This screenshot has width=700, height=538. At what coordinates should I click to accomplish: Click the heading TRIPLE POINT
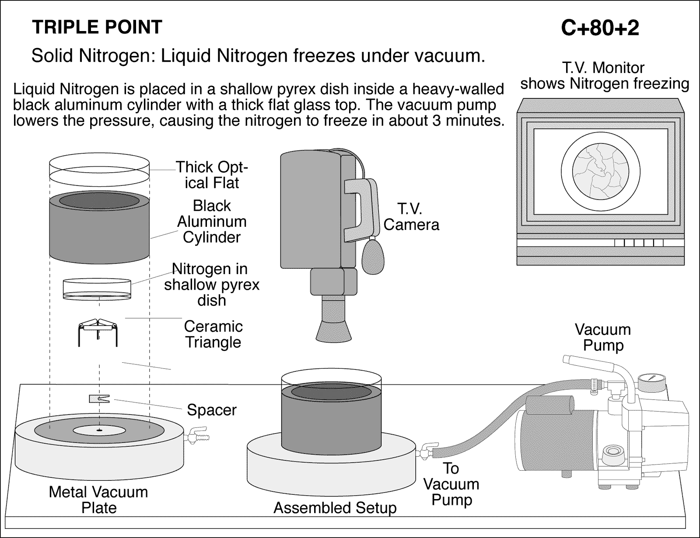(x=97, y=27)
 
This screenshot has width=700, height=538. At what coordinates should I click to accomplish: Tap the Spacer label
(x=211, y=410)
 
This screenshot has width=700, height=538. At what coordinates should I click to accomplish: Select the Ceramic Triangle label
(x=213, y=334)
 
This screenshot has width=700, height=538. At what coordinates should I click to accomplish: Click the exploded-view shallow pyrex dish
(x=97, y=288)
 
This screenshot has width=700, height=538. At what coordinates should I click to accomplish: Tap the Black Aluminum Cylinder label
(x=212, y=222)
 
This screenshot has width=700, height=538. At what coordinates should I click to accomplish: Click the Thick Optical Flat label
(x=212, y=175)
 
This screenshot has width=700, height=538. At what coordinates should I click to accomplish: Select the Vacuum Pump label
(x=602, y=337)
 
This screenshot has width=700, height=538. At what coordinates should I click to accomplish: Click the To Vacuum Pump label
(x=451, y=484)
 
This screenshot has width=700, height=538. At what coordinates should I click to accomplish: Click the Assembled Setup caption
(x=335, y=508)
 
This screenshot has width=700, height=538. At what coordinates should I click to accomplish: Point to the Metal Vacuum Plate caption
(x=98, y=500)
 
